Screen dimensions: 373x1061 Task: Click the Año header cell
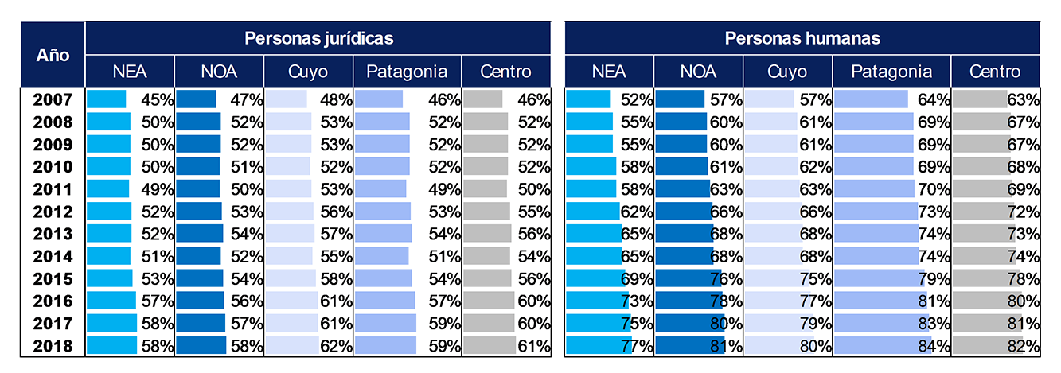click(x=53, y=56)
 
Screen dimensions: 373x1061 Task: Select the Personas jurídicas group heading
click(x=318, y=38)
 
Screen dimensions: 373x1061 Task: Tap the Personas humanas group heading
click(x=802, y=38)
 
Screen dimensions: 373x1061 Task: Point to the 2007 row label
click(x=53, y=99)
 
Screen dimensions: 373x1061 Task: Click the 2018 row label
click(x=53, y=346)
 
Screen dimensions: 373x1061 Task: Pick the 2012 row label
click(x=53, y=212)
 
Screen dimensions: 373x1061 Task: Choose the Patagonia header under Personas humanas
click(x=891, y=72)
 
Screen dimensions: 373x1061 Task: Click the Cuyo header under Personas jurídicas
click(x=308, y=72)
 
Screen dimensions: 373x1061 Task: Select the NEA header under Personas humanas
click(x=609, y=72)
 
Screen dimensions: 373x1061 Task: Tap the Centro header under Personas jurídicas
click(x=506, y=72)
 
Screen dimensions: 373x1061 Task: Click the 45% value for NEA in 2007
click(x=157, y=100)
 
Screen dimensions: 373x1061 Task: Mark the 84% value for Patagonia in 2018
click(x=934, y=346)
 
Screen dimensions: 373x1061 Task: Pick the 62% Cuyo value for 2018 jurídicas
click(x=335, y=346)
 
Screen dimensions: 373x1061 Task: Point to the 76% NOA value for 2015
click(x=727, y=279)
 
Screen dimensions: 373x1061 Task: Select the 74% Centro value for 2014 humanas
click(x=1024, y=257)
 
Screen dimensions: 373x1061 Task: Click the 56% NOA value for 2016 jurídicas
click(x=247, y=301)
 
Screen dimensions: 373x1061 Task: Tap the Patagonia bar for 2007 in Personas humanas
click(x=871, y=99)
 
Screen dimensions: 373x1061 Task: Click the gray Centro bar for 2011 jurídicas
click(x=485, y=189)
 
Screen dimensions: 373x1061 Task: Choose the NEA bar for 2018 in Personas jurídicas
click(x=111, y=346)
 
